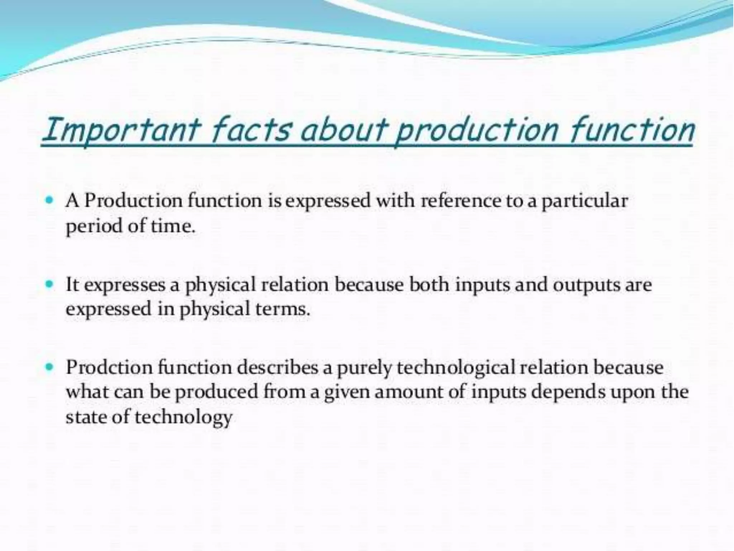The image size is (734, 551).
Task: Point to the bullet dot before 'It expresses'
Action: (x=50, y=284)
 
